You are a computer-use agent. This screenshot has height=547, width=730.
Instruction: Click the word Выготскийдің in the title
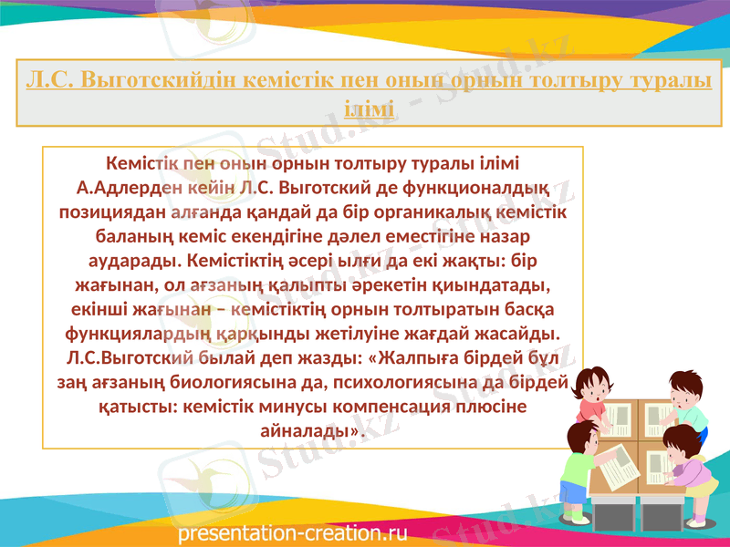[161, 79]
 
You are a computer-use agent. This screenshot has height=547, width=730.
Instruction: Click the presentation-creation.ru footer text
[293, 531]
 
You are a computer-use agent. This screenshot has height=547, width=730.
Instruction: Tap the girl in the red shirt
[590, 392]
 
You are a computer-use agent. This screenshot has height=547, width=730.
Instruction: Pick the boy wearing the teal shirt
[686, 401]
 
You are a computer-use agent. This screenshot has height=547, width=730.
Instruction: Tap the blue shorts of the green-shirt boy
[573, 493]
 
